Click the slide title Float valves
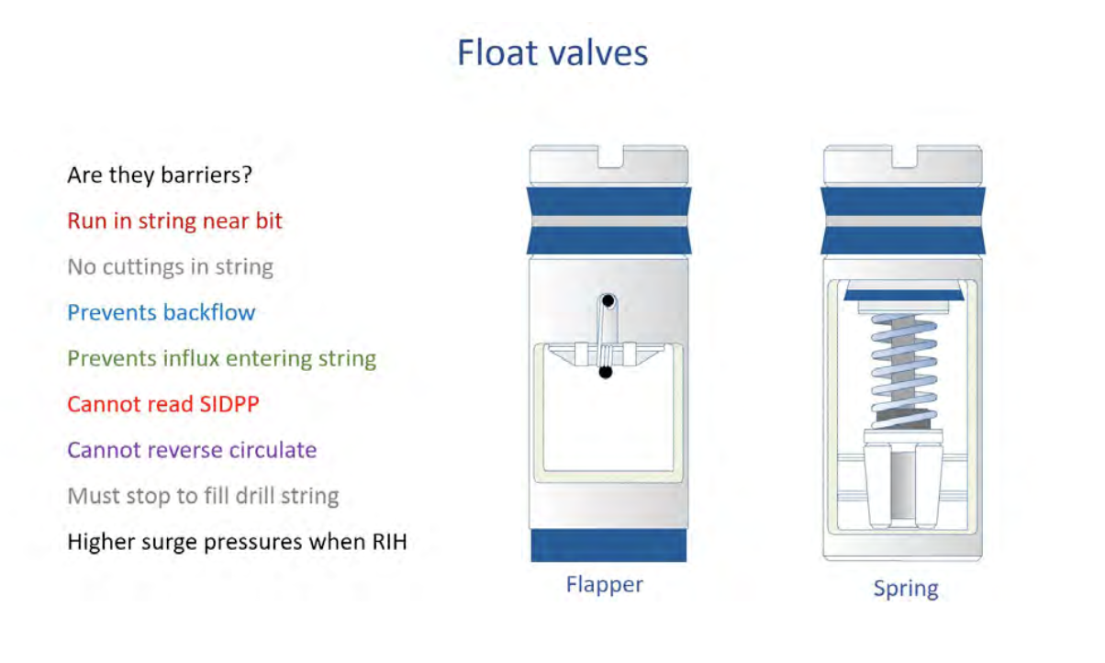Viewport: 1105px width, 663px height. (552, 52)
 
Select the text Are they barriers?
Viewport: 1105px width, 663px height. (160, 175)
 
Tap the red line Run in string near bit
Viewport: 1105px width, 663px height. (174, 220)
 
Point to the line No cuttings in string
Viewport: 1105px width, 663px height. (170, 266)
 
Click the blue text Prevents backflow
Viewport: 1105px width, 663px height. (162, 312)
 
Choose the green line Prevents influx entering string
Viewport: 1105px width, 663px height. (221, 358)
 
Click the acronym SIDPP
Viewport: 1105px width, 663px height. (229, 404)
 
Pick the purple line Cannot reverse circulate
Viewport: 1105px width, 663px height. (192, 450)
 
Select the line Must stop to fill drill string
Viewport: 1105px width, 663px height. (203, 496)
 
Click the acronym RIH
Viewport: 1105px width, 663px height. (390, 542)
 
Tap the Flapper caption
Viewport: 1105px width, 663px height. (604, 585)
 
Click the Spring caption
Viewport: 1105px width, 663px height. (906, 589)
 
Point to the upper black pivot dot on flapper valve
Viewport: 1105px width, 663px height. (608, 300)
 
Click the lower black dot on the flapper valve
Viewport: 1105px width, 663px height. (606, 372)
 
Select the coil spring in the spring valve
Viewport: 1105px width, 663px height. (904, 370)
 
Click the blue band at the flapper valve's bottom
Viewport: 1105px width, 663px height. (608, 545)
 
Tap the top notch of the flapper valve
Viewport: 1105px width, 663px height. (610, 157)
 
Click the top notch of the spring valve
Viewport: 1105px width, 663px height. (904, 157)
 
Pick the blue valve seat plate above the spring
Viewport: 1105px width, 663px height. (904, 295)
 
